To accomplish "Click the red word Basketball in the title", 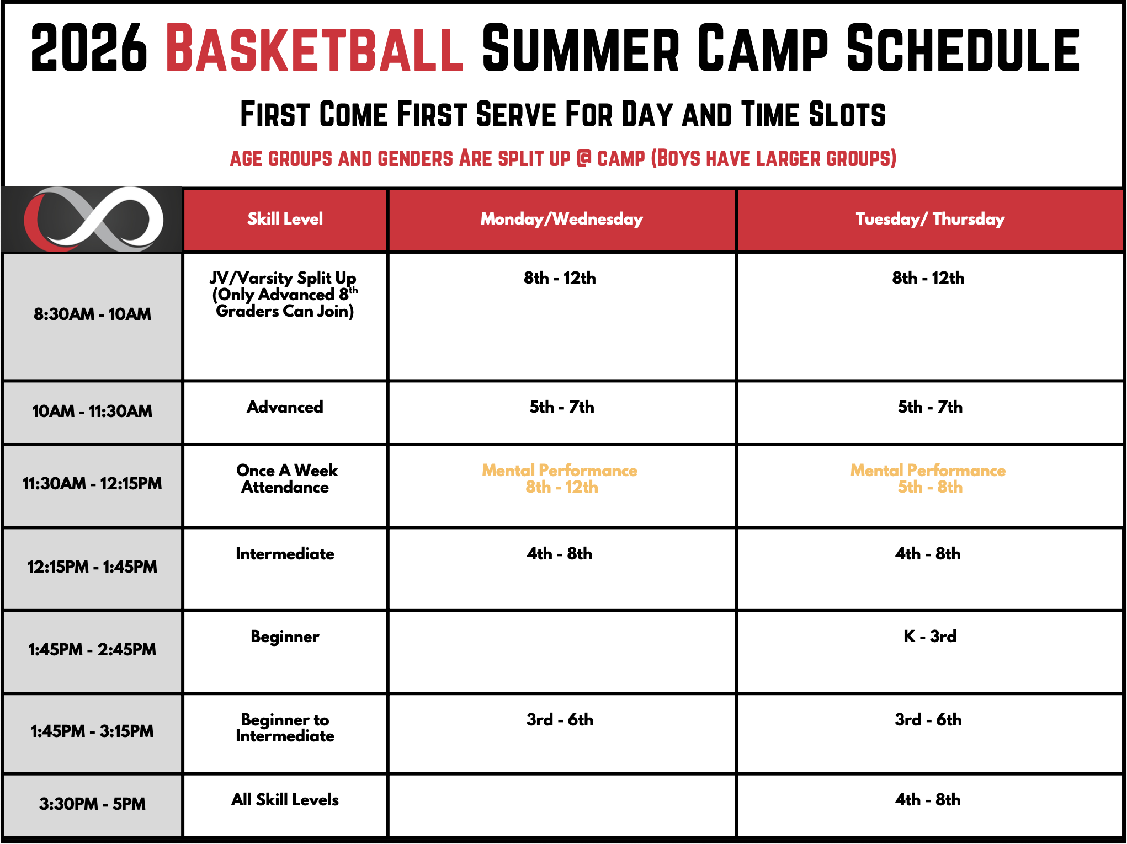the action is pyautogui.click(x=315, y=48).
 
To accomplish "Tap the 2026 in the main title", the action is pyautogui.click(x=89, y=48).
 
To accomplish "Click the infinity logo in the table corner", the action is pyautogui.click(x=94, y=219).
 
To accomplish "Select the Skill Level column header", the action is pyautogui.click(x=285, y=218).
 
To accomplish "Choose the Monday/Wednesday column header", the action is pyautogui.click(x=562, y=219).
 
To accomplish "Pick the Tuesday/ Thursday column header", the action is pyautogui.click(x=930, y=219).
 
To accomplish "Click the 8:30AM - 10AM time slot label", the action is pyautogui.click(x=92, y=314).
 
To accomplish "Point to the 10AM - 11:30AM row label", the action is pyautogui.click(x=92, y=411).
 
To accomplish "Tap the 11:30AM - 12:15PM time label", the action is pyautogui.click(x=92, y=483).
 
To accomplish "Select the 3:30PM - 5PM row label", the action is pyautogui.click(x=92, y=804).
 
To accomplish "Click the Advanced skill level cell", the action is pyautogui.click(x=285, y=407).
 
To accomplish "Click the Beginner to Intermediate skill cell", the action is pyautogui.click(x=285, y=728).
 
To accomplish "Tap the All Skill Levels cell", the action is pyautogui.click(x=285, y=799).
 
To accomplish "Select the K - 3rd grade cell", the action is pyautogui.click(x=930, y=636).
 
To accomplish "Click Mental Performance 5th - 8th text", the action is pyautogui.click(x=928, y=478).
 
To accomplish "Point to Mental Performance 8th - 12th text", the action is pyautogui.click(x=560, y=478).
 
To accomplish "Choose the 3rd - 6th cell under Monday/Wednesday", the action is pyautogui.click(x=560, y=719).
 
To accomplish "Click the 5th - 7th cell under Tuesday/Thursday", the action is pyautogui.click(x=930, y=407).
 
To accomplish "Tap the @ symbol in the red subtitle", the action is pyautogui.click(x=583, y=158).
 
